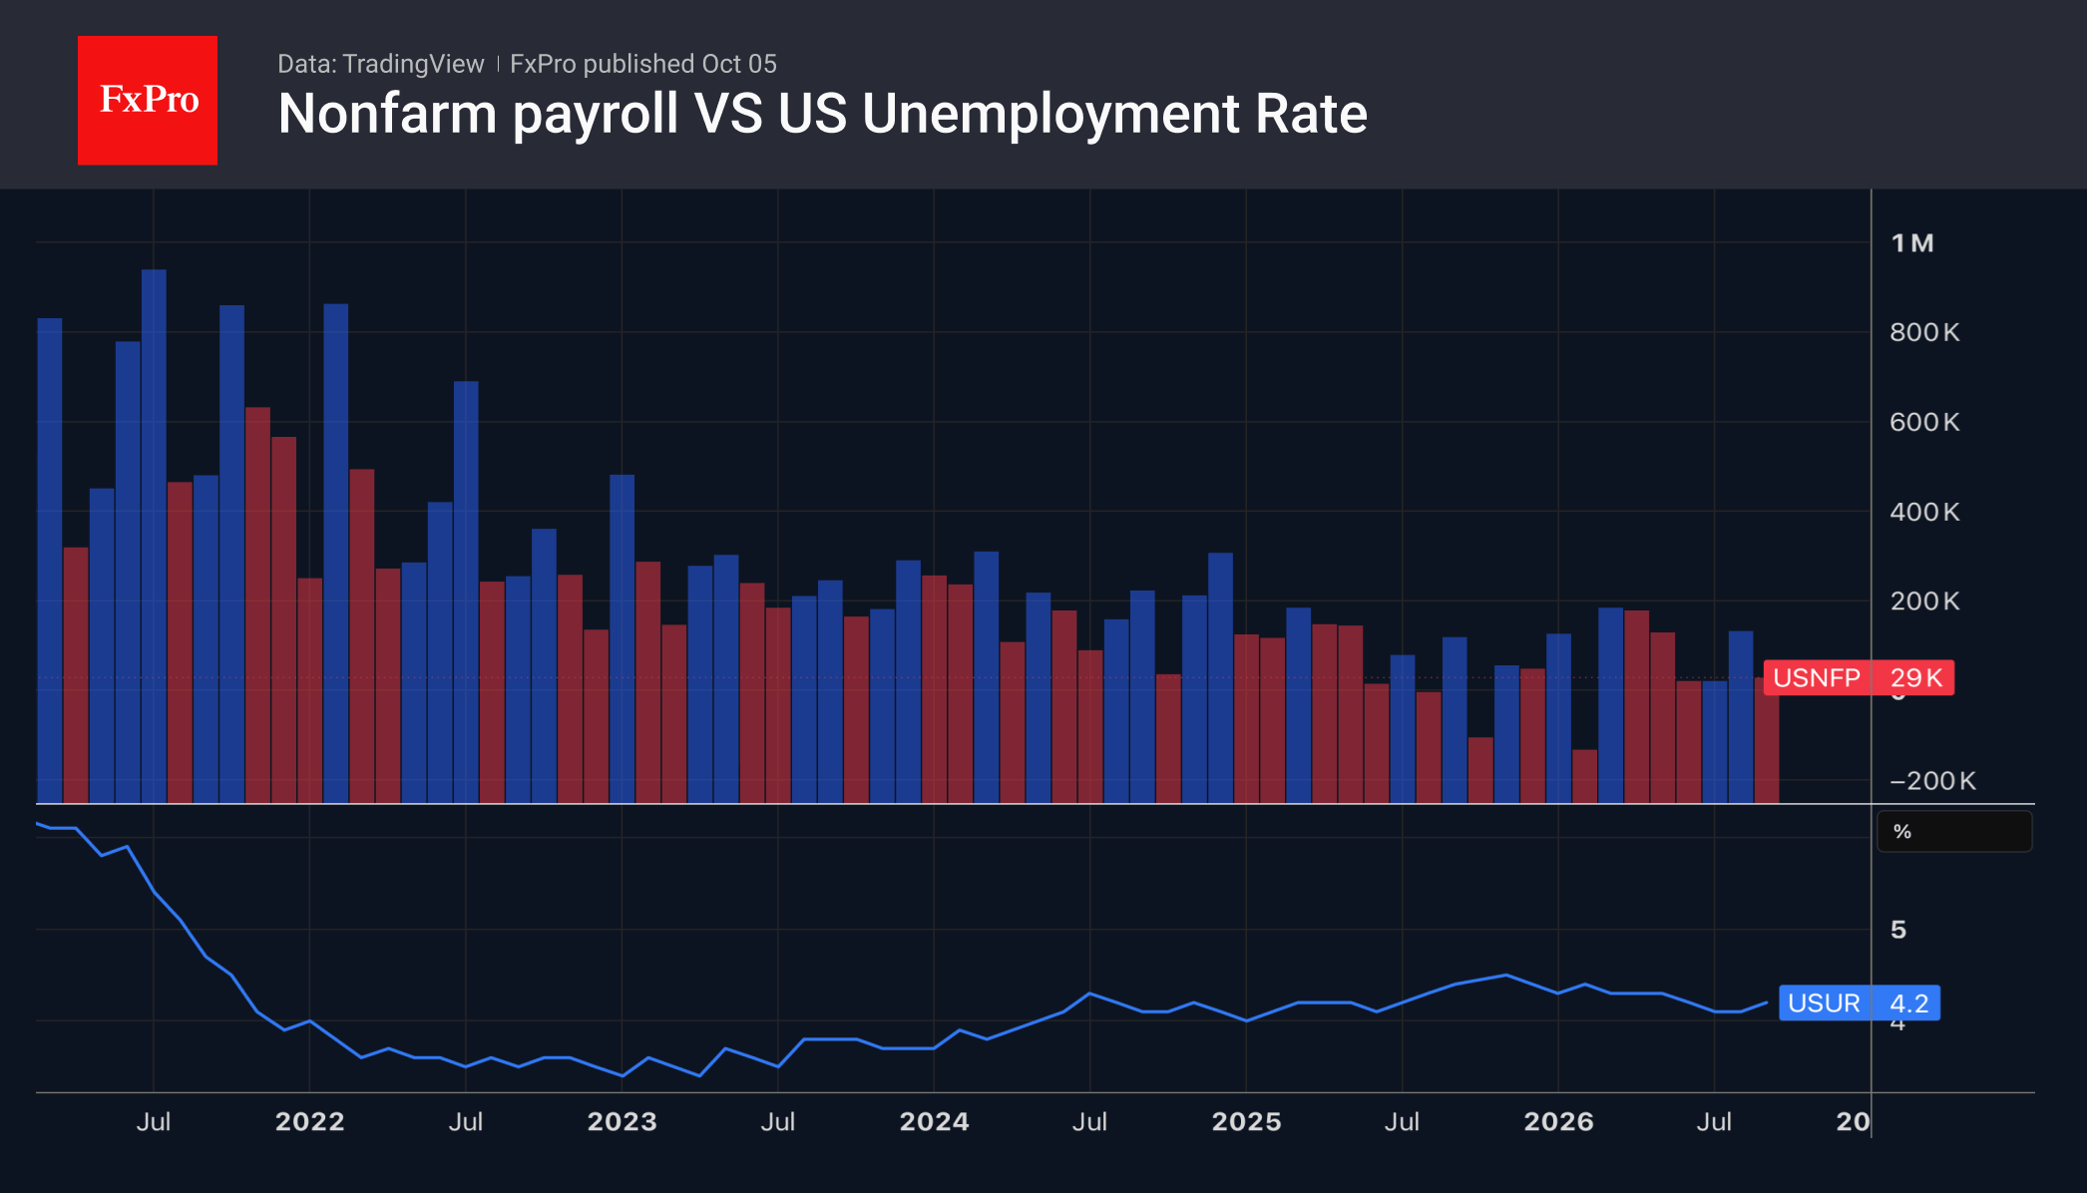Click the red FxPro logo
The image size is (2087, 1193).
pyautogui.click(x=148, y=101)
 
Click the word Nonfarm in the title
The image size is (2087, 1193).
pyautogui.click(x=387, y=114)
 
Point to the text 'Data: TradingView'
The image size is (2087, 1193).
pyautogui.click(x=380, y=64)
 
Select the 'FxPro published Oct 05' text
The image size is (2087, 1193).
pyautogui.click(x=643, y=64)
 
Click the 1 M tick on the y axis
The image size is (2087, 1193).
pyautogui.click(x=1912, y=243)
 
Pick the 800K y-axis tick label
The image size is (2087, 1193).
pyautogui.click(x=1924, y=332)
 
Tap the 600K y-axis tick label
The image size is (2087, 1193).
pyautogui.click(x=1924, y=422)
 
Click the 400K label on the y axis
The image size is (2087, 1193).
pyautogui.click(x=1924, y=512)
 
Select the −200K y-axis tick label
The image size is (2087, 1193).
pyautogui.click(x=1932, y=781)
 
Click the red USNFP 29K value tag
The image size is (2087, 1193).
pyautogui.click(x=1859, y=678)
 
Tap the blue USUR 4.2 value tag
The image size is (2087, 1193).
pyautogui.click(x=1860, y=1002)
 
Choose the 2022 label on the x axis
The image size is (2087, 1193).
pyautogui.click(x=309, y=1122)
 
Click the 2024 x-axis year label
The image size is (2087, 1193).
pyautogui.click(x=934, y=1122)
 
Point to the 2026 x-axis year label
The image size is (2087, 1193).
pyautogui.click(x=1558, y=1122)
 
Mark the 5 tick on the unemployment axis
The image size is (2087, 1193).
pyautogui.click(x=1898, y=930)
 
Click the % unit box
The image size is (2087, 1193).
pyautogui.click(x=1954, y=832)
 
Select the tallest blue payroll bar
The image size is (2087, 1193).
pyautogui.click(x=154, y=536)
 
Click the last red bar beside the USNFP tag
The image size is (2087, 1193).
pyautogui.click(x=1767, y=740)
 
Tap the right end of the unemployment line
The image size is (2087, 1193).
pyautogui.click(x=1767, y=1002)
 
